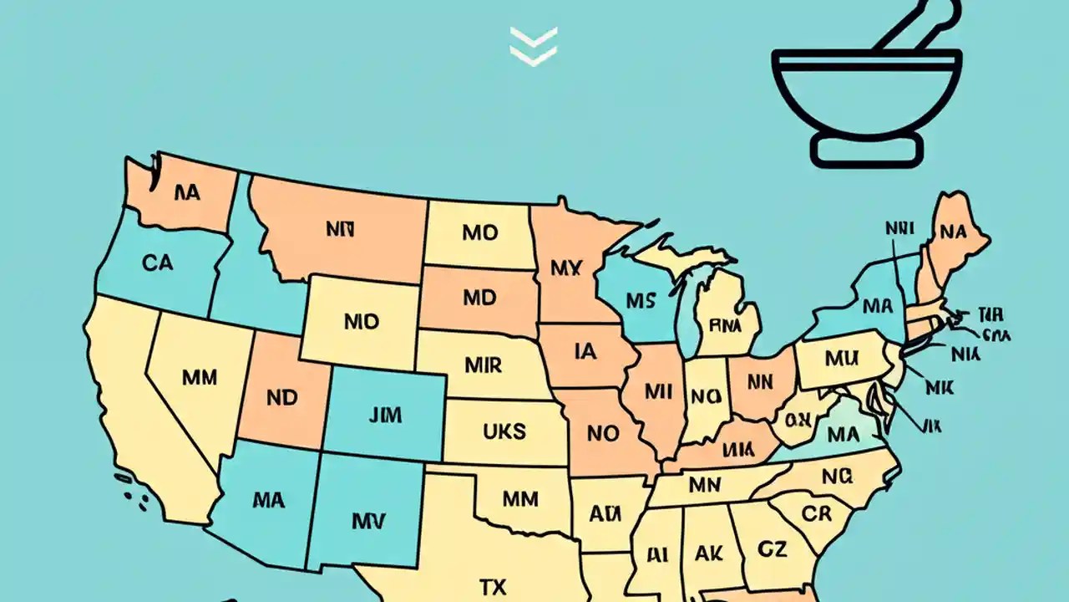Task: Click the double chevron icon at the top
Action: [534, 45]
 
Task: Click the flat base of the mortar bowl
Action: [867, 150]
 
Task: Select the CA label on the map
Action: [157, 263]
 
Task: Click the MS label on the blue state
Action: [640, 300]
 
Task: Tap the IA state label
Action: [586, 352]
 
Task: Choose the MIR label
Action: [483, 365]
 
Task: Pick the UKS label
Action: [504, 431]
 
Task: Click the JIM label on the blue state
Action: [384, 414]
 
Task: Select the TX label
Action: [493, 587]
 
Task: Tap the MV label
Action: [368, 522]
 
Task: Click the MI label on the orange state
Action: [658, 390]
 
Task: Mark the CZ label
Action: [773, 548]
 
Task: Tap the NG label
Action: [837, 477]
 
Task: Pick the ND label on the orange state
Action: [282, 398]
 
